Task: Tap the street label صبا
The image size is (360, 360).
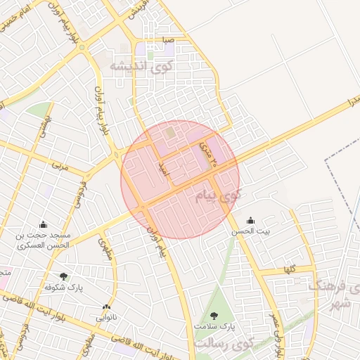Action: point(167,40)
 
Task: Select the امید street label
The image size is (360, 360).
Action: point(162,167)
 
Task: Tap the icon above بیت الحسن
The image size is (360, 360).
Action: point(251,220)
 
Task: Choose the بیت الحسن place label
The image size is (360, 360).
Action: point(251,231)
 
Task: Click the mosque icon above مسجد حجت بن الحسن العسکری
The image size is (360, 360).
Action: point(44,225)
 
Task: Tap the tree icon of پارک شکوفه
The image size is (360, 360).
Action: point(64,276)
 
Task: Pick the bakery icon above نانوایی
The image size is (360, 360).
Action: point(106,307)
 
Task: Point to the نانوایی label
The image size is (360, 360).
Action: point(106,317)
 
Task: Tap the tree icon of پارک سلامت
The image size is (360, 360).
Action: point(214,316)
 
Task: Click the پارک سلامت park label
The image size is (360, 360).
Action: point(214,327)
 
